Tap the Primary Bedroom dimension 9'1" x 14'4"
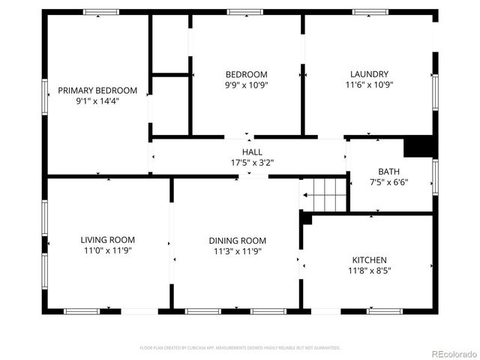click(98, 100)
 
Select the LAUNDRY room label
click(369, 74)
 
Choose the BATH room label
click(389, 172)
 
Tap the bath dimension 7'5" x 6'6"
click(389, 182)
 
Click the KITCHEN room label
click(369, 260)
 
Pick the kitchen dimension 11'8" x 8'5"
click(369, 271)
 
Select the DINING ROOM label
click(237, 241)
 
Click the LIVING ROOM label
click(107, 240)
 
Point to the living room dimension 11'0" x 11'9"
click(107, 250)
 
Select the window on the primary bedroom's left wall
click(45, 97)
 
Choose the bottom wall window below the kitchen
click(384, 310)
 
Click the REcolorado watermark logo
click(453, 353)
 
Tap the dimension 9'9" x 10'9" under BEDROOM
click(247, 85)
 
